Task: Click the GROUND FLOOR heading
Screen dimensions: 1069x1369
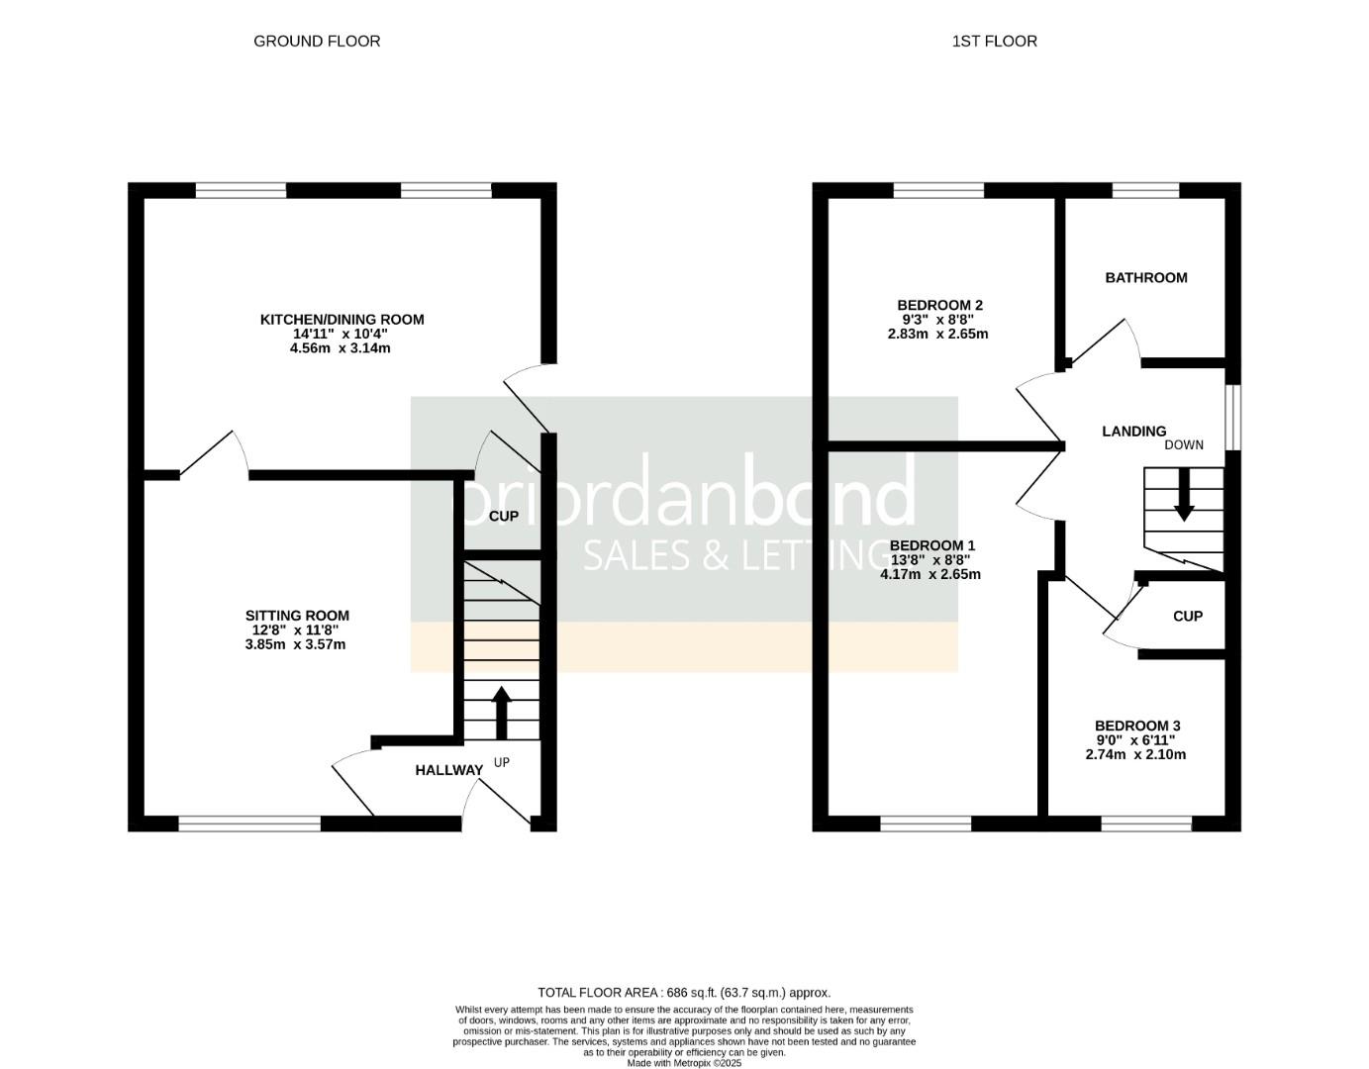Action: point(317,41)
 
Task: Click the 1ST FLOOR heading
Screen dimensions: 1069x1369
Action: point(994,41)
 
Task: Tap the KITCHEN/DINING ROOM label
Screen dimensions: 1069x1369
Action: point(342,319)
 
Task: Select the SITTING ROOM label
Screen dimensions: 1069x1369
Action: point(297,616)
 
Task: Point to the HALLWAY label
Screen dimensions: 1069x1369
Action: point(448,770)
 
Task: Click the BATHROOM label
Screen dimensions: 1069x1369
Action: point(1145,277)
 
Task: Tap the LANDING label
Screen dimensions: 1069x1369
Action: point(1133,431)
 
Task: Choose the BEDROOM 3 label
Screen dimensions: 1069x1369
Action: point(1136,726)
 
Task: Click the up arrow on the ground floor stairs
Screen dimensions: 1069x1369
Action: point(501,711)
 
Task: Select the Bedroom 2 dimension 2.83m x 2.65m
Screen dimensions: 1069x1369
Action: point(937,334)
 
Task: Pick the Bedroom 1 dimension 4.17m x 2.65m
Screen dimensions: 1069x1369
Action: point(930,574)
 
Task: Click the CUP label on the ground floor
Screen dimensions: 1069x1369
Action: point(504,516)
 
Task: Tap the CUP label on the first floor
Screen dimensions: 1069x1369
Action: point(1187,616)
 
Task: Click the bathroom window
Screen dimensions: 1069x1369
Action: point(1145,190)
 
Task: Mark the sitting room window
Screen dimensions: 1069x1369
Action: point(249,823)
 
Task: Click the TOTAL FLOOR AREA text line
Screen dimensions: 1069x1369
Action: point(684,992)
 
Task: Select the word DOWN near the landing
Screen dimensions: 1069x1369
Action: point(1183,444)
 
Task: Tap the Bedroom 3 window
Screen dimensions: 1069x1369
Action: point(1145,823)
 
